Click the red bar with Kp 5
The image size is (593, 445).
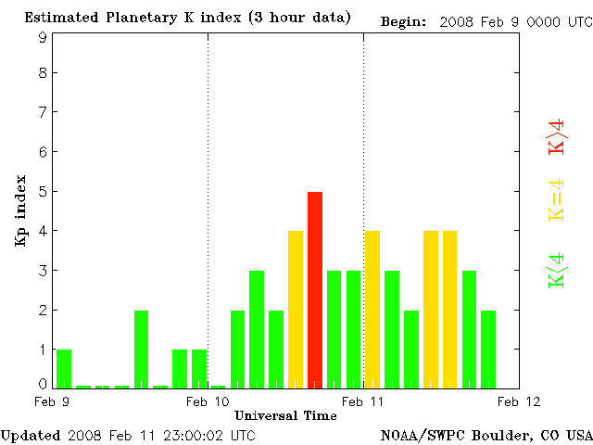click(315, 289)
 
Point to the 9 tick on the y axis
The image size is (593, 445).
click(43, 36)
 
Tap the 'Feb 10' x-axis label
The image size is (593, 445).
click(208, 401)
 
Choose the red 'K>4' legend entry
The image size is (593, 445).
click(557, 136)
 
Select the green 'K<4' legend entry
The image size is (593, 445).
click(557, 269)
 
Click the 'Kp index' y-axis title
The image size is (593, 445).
click(19, 210)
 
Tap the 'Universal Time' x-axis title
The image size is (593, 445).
click(285, 415)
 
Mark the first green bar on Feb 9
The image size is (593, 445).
click(64, 368)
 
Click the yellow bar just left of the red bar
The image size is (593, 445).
click(296, 309)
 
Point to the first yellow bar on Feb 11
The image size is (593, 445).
click(372, 309)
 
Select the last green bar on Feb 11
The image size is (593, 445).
click(488, 349)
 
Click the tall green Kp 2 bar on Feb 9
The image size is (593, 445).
click(141, 349)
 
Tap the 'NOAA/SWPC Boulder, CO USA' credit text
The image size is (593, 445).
click(486, 435)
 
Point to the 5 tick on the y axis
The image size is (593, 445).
click(43, 191)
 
